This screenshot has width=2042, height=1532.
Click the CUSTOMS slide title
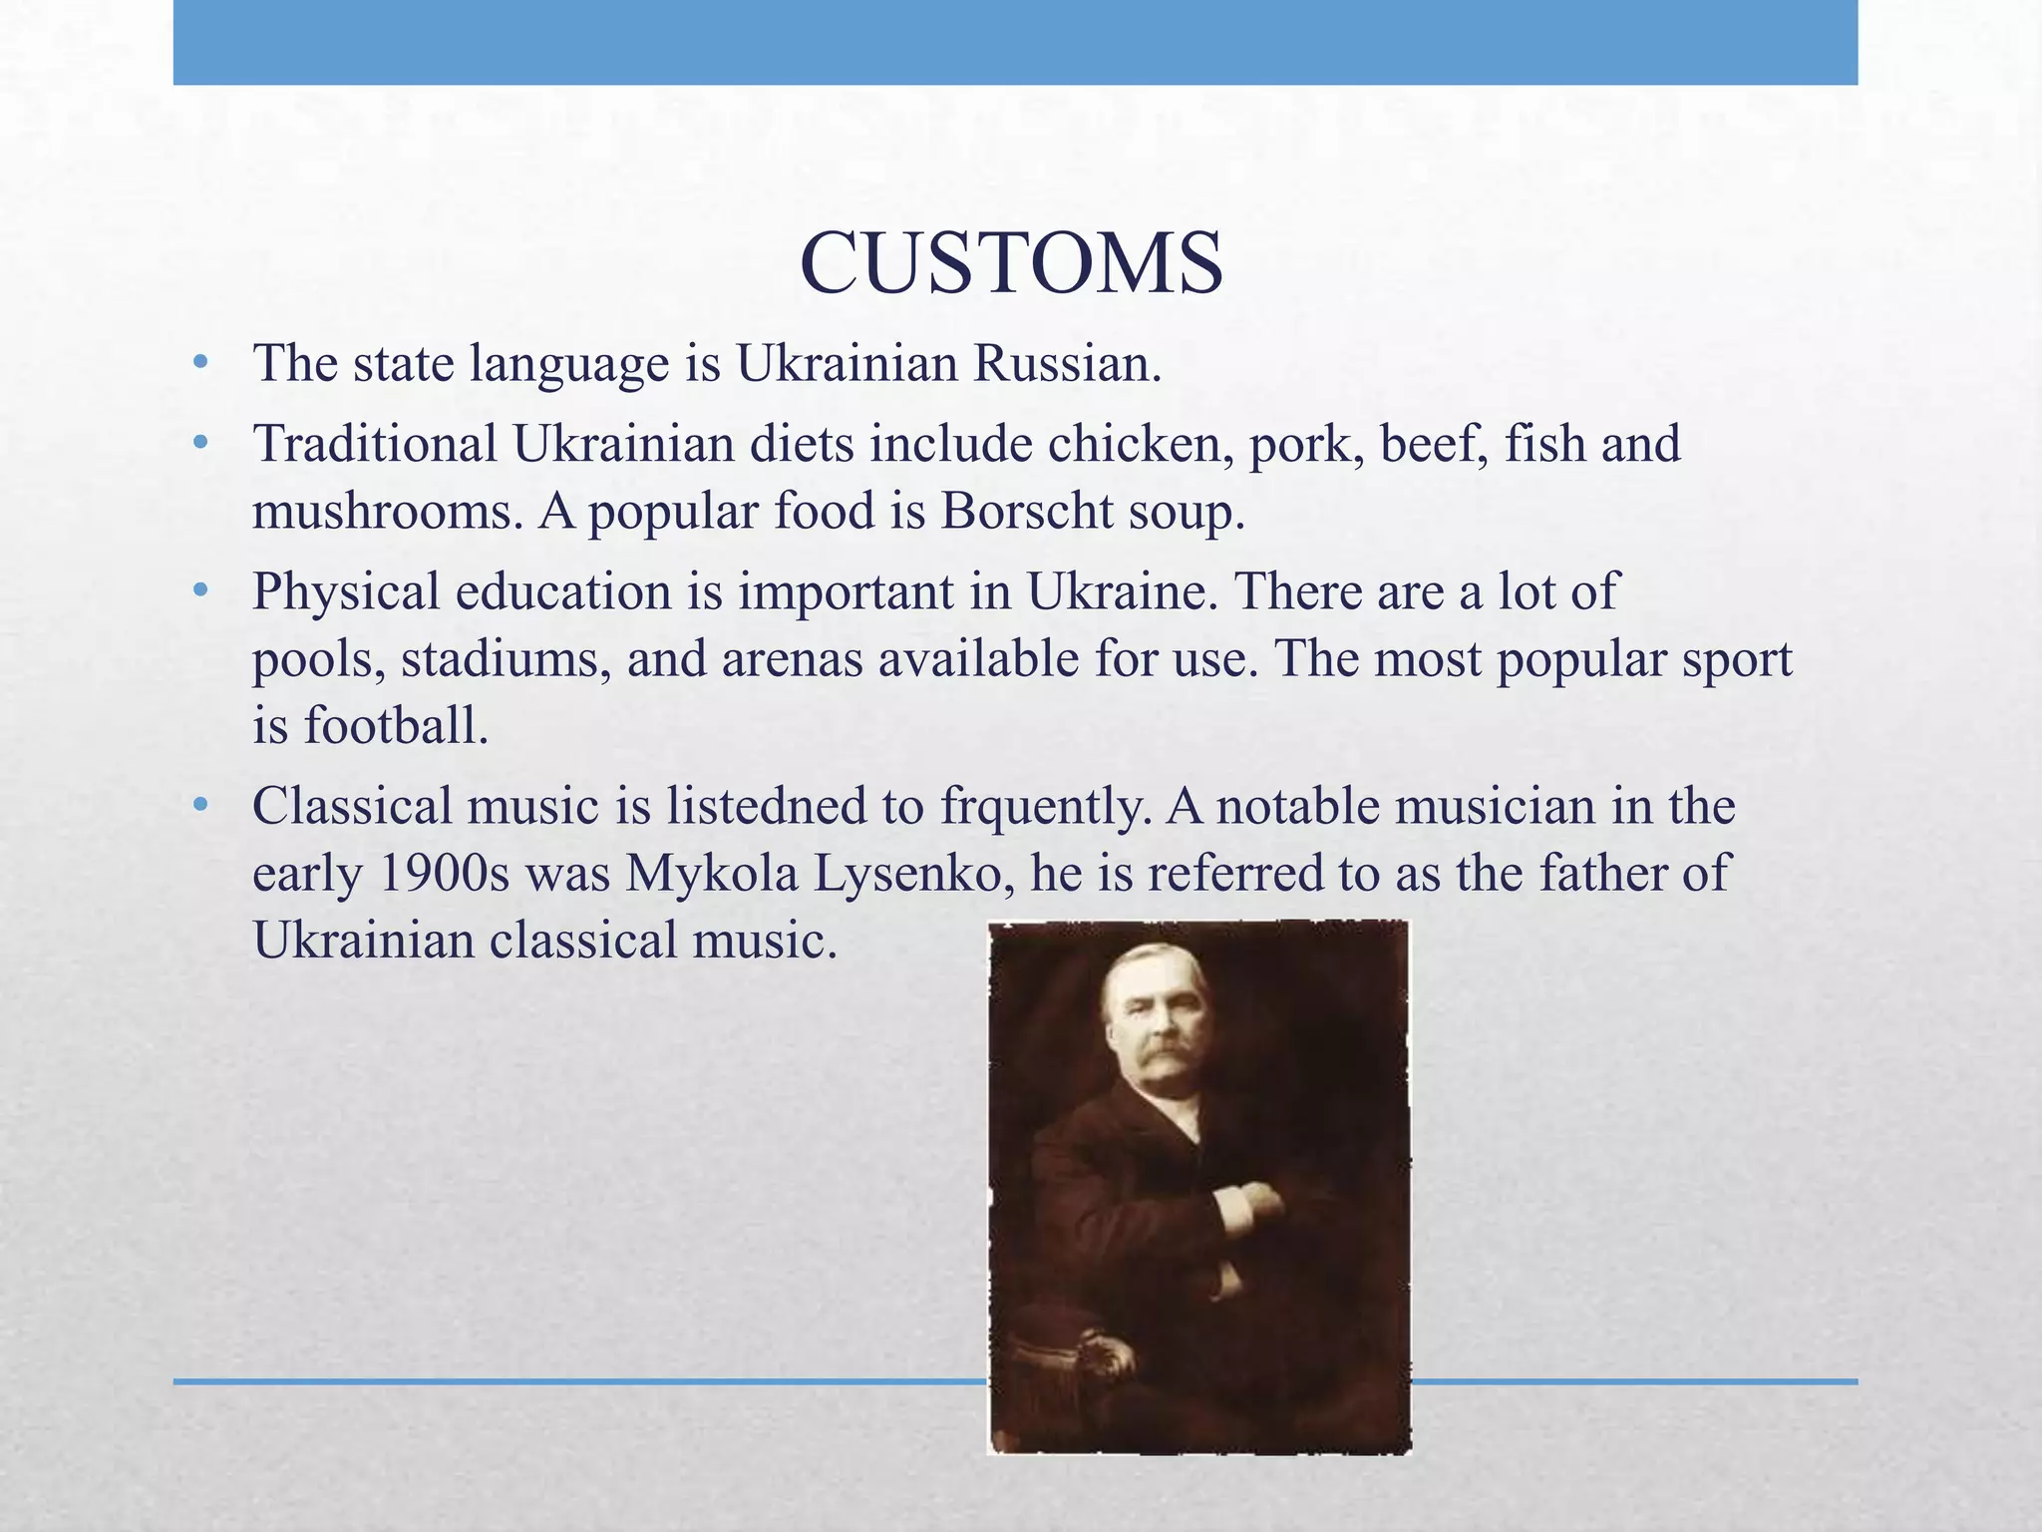(1011, 264)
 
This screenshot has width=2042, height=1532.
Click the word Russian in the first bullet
(1067, 363)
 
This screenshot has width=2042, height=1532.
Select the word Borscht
(1026, 512)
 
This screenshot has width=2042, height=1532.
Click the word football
(396, 725)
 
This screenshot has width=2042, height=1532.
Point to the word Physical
(345, 591)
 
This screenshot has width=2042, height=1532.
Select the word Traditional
(375, 444)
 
